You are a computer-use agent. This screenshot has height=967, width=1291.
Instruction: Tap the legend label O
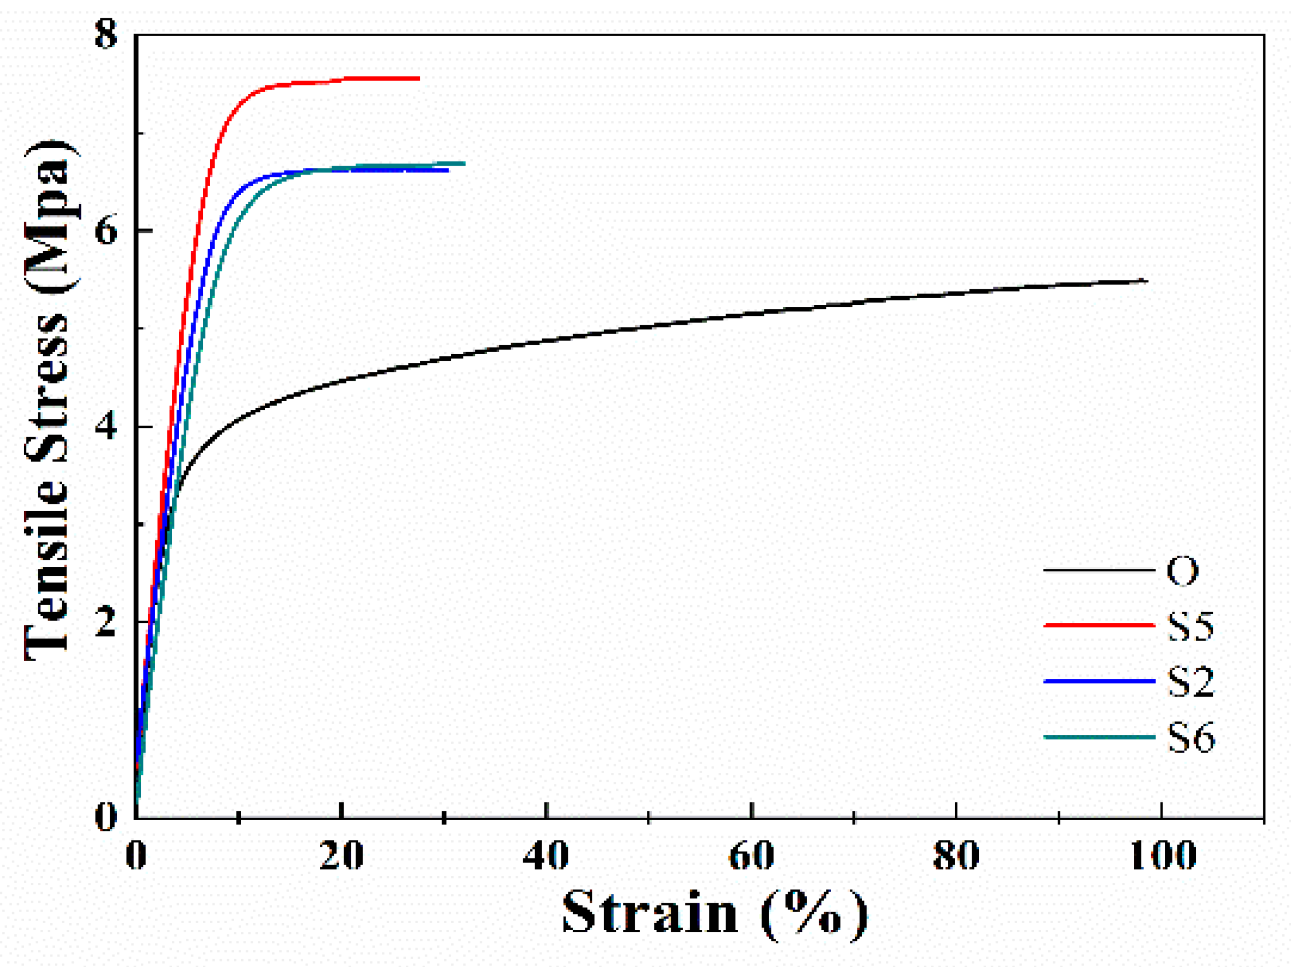(x=1182, y=571)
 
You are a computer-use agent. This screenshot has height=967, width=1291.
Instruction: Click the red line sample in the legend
(x=1099, y=625)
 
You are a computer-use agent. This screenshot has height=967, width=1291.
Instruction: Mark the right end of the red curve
(x=419, y=78)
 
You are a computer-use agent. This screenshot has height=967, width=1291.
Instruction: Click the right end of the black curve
(x=1146, y=281)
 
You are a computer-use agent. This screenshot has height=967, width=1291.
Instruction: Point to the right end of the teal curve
(x=464, y=163)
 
